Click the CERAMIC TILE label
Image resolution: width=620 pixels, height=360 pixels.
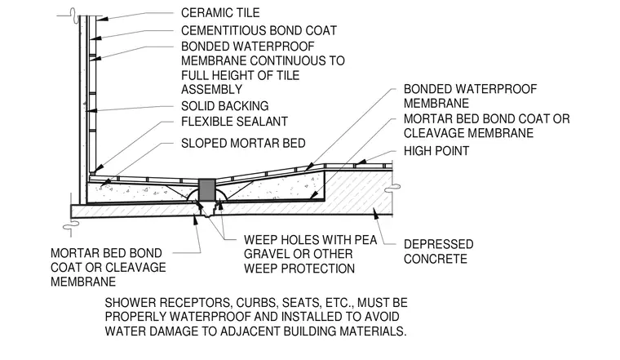[220, 13]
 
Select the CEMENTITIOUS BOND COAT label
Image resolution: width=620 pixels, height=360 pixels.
[259, 30]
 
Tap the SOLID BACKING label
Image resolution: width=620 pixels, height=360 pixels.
[224, 106]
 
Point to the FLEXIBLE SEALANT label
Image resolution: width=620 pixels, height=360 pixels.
[234, 122]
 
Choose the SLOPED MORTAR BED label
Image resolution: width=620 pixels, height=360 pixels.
[243, 143]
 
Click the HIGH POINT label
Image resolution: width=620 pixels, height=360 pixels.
[436, 151]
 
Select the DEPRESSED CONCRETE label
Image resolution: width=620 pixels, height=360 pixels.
[439, 251]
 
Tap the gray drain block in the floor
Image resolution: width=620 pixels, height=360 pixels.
[206, 189]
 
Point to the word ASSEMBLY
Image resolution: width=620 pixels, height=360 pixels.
[211, 90]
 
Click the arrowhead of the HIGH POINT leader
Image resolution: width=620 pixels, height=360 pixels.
[358, 162]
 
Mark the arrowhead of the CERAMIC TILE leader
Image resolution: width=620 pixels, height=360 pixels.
[101, 19]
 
